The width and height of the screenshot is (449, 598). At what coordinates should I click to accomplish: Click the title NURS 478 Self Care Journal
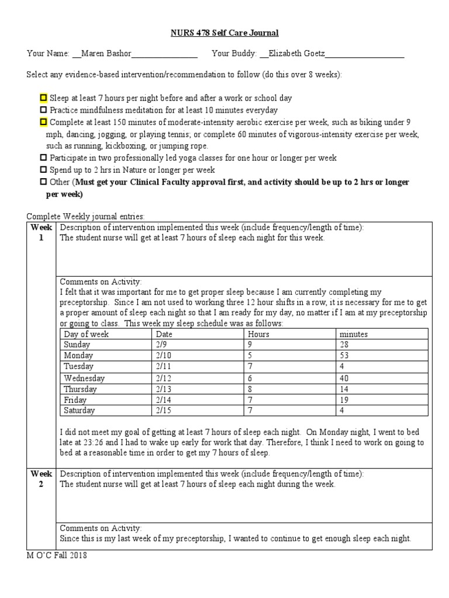pyautogui.click(x=224, y=33)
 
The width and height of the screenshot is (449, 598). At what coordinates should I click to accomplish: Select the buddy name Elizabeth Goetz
pyautogui.click(x=295, y=54)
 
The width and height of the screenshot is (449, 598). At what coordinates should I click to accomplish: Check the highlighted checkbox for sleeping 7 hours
pyautogui.click(x=43, y=98)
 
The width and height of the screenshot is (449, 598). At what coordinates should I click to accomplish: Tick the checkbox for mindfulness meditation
pyautogui.click(x=43, y=110)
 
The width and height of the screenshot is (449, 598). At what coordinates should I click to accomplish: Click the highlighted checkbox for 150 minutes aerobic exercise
pyautogui.click(x=43, y=122)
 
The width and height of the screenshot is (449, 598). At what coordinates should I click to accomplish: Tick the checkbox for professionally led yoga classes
pyautogui.click(x=43, y=158)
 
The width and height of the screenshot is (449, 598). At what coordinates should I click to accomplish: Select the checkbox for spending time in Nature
pyautogui.click(x=43, y=170)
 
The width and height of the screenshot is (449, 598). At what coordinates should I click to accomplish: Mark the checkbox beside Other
pyautogui.click(x=43, y=182)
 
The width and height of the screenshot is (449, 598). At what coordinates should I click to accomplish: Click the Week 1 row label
pyautogui.click(x=42, y=232)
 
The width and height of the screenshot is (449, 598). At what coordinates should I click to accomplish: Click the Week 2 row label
pyautogui.click(x=42, y=479)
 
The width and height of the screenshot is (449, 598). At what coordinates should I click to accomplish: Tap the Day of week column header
pyautogui.click(x=86, y=334)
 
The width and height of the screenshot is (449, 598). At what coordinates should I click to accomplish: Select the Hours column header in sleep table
pyautogui.click(x=258, y=334)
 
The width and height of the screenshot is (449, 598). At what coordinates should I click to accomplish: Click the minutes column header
pyautogui.click(x=354, y=334)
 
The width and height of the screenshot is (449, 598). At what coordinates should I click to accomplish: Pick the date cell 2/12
pyautogui.click(x=164, y=378)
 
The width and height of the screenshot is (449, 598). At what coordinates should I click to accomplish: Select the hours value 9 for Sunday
pyautogui.click(x=250, y=345)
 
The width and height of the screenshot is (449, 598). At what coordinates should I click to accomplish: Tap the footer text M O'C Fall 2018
pyautogui.click(x=57, y=555)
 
